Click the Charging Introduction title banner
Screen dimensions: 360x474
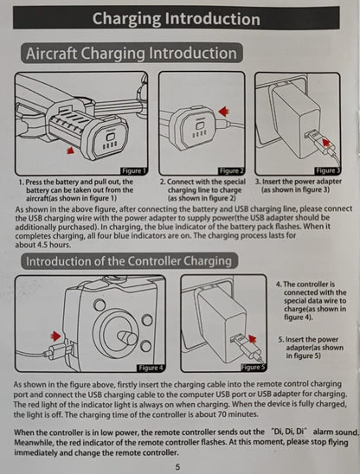[176, 18]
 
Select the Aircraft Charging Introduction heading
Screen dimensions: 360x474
[132, 54]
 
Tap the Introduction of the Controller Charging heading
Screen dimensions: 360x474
[129, 261]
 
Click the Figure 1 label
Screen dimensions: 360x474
[134, 171]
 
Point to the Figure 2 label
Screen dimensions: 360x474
[231, 171]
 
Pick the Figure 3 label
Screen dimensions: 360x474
[328, 171]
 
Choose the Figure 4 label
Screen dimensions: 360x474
[151, 368]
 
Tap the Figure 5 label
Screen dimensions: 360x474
[254, 368]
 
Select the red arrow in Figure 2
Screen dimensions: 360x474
[223, 112]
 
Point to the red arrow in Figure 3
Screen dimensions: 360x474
[325, 142]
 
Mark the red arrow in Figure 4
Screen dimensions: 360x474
[55, 336]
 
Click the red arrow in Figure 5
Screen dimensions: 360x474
[252, 338]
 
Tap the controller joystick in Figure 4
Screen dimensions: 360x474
[127, 337]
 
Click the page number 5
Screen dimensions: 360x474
[178, 467]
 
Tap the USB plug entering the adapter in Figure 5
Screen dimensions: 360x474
[240, 341]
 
